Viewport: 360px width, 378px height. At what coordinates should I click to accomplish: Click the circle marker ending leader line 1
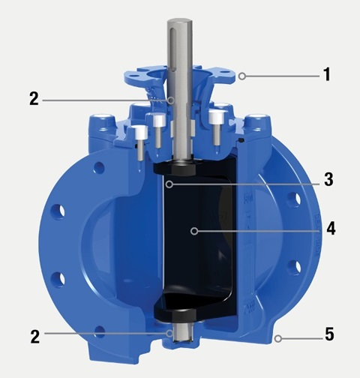[242, 76]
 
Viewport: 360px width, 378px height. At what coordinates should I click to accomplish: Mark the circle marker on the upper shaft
[170, 99]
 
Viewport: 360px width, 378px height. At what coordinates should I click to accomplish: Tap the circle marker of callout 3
[170, 181]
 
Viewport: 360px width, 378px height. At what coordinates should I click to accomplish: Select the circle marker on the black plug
[193, 231]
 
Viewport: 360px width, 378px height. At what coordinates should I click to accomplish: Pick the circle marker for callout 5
[277, 337]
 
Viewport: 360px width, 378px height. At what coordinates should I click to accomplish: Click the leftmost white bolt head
[140, 133]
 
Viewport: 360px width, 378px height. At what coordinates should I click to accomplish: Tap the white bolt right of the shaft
[217, 117]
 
